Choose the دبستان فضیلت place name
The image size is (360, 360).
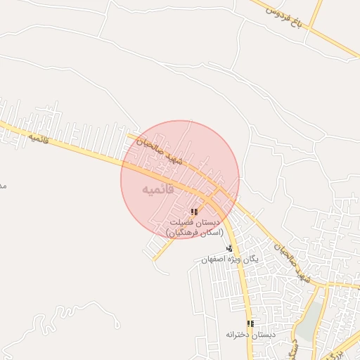pos(194,222)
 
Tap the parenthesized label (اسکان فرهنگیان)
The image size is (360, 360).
pos(194,232)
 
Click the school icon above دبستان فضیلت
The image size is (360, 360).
pos(194,212)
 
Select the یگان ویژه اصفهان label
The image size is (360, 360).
pos(230,259)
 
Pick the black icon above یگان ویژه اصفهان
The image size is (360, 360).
pos(229,247)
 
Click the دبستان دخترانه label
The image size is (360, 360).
pos(250,335)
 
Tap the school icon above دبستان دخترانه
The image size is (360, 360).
pos(250,323)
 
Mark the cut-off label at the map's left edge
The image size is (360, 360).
pos(3,186)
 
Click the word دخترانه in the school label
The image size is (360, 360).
pos(240,335)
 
